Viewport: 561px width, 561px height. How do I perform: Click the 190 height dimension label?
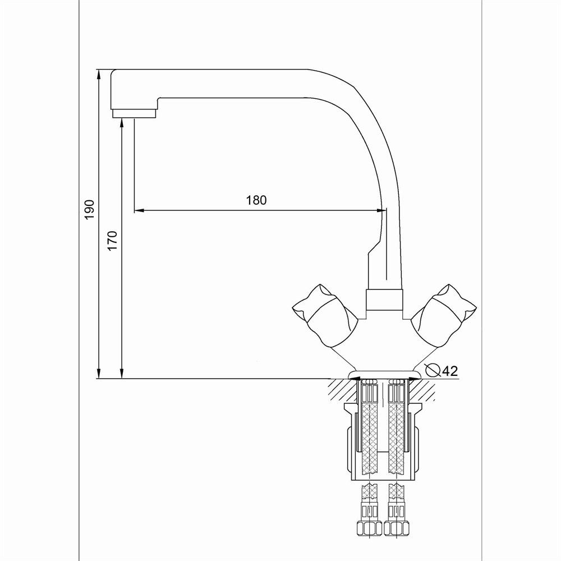pyautogui.click(x=89, y=210)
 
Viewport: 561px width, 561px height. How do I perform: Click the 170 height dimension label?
pyautogui.click(x=112, y=241)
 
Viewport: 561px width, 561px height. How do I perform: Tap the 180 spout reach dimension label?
pyautogui.click(x=256, y=200)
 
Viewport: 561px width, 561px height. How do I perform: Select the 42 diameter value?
pyautogui.click(x=450, y=371)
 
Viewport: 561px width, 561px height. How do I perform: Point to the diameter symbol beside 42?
pyautogui.click(x=433, y=370)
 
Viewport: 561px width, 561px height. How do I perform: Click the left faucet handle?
pyautogui.click(x=325, y=315)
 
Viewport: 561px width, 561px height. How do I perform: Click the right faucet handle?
pyautogui.click(x=444, y=315)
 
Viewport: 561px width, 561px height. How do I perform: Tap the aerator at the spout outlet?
pyautogui.click(x=134, y=113)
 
